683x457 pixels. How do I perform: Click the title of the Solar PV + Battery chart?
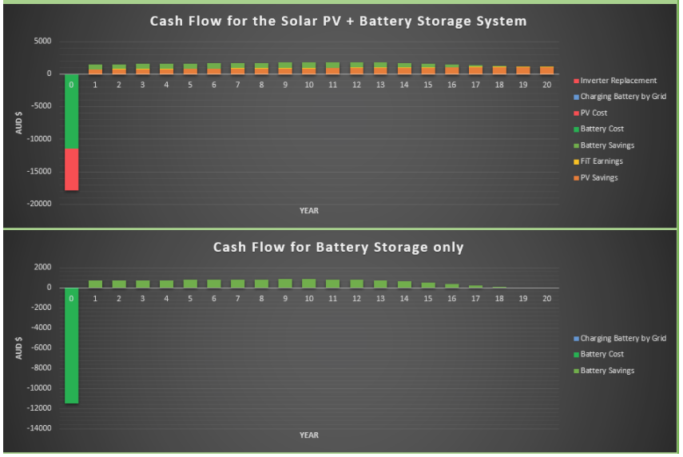pyautogui.click(x=339, y=21)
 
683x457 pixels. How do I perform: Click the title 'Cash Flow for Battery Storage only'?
pyautogui.click(x=339, y=247)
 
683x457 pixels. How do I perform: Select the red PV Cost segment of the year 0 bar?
pyautogui.click(x=71, y=169)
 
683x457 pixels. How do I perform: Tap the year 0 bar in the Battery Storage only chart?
pyautogui.click(x=71, y=345)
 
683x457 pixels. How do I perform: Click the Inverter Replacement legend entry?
pyautogui.click(x=615, y=81)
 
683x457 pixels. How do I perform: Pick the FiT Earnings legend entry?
pyautogui.click(x=598, y=161)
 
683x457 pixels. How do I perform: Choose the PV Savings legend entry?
pyautogui.click(x=595, y=177)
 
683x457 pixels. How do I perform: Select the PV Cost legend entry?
pyautogui.click(x=590, y=113)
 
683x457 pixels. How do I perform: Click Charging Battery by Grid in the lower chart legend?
pyautogui.click(x=620, y=339)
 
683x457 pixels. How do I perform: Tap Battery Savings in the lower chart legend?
pyautogui.click(x=604, y=371)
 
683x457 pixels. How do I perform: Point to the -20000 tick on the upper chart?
pyautogui.click(x=39, y=204)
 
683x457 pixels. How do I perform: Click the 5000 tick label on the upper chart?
pyautogui.click(x=42, y=41)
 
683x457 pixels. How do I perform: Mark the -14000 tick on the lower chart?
pyautogui.click(x=39, y=427)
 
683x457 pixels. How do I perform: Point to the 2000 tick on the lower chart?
pyautogui.click(x=42, y=267)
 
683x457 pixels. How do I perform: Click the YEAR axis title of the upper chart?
pyautogui.click(x=309, y=210)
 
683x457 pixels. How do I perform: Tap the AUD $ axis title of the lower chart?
pyautogui.click(x=18, y=348)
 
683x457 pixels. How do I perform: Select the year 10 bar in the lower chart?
pyautogui.click(x=309, y=283)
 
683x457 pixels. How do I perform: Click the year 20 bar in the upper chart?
pyautogui.click(x=546, y=70)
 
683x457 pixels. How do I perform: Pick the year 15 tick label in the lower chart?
pyautogui.click(x=427, y=299)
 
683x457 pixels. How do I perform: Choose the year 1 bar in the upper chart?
pyautogui.click(x=95, y=70)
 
